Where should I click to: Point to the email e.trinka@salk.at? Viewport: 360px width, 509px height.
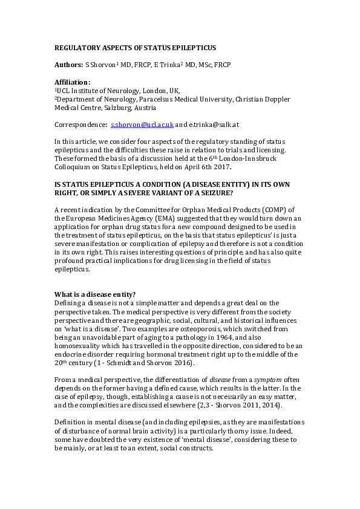click(215, 125)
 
